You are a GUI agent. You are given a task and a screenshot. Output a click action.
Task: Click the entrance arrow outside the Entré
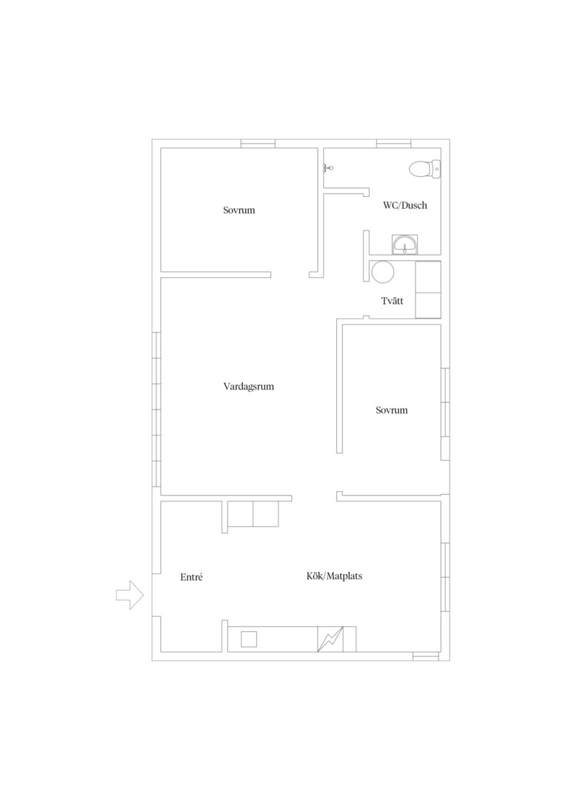[130, 595]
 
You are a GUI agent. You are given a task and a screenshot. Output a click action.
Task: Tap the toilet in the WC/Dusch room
[424, 169]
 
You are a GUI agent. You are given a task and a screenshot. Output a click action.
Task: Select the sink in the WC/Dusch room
[404, 244]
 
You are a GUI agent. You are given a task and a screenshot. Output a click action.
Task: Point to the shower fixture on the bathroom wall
[328, 168]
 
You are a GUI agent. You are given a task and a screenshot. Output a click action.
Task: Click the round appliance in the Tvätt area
[383, 272]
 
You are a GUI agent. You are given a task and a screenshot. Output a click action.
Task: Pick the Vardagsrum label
[248, 387]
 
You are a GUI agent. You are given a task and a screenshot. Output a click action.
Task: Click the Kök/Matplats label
[334, 576]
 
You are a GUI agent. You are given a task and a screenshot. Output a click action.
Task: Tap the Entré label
[191, 577]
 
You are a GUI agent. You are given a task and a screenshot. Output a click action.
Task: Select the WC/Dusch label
[405, 206]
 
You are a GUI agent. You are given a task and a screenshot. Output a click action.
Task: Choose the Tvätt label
[392, 301]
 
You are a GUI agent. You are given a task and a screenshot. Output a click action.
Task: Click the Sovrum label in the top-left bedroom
[239, 210]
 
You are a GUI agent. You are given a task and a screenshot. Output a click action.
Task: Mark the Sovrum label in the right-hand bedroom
[391, 410]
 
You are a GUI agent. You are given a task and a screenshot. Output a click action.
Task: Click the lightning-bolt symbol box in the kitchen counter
[330, 639]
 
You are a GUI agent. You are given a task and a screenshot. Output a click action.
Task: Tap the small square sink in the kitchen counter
[248, 639]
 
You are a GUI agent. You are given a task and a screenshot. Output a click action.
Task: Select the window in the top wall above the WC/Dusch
[393, 144]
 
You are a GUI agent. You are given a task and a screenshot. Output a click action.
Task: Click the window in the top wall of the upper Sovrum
[258, 144]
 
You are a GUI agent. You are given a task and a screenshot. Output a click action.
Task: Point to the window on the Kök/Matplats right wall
[445, 576]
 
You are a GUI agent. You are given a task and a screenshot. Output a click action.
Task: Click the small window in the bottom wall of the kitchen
[426, 656]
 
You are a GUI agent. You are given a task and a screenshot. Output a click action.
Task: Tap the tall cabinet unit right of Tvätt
[428, 290]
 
